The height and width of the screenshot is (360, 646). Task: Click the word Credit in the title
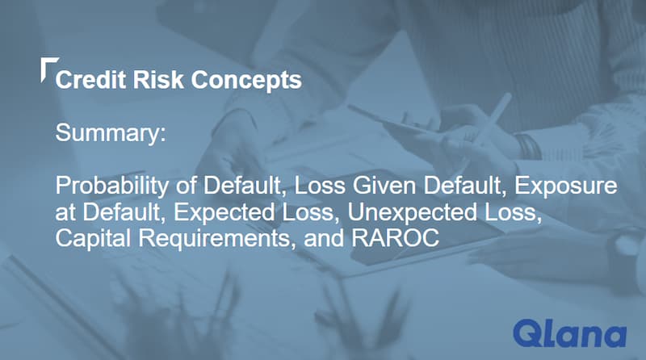click(85, 81)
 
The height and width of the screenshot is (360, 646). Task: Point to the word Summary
click(110, 134)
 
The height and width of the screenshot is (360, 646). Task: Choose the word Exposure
click(570, 186)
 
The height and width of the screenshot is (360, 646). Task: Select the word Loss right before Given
click(317, 186)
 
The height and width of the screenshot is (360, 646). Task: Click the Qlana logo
click(569, 333)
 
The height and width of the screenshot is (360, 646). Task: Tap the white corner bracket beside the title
click(47, 68)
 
